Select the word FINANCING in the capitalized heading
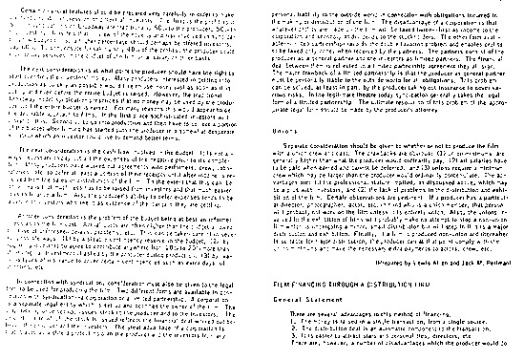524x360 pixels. point(322,284)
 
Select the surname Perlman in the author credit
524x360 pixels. point(500,260)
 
